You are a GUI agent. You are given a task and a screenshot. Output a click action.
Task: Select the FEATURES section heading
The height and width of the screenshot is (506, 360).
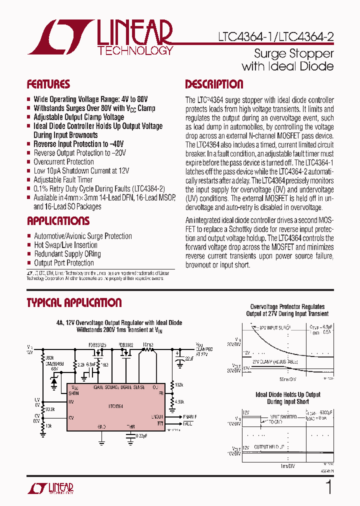[48, 84]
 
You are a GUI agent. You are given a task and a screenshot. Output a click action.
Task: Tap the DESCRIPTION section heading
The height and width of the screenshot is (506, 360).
[214, 84]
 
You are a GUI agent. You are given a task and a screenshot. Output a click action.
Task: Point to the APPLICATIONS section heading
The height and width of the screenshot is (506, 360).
[58, 221]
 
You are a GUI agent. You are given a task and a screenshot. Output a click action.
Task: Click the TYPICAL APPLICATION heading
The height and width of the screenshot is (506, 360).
[74, 302]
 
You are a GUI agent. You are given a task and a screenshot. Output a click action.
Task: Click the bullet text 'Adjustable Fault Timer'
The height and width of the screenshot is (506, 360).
[63, 179]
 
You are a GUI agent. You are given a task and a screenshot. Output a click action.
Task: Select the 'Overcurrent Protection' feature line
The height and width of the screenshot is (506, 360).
[63, 161]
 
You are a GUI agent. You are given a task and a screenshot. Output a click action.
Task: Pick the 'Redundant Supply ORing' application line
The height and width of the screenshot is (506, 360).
[67, 254]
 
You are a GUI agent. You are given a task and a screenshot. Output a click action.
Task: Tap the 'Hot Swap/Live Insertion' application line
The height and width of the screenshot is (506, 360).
[65, 245]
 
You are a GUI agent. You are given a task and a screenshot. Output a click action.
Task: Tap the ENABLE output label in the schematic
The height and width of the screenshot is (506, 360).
[189, 416]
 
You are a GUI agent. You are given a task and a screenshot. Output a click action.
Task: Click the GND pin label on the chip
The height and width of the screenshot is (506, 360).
[101, 426]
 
